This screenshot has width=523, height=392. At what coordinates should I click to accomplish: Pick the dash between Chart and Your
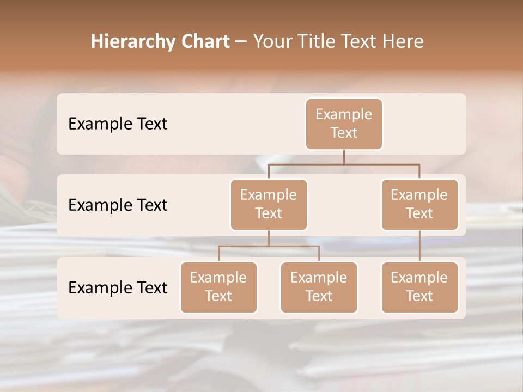click(x=241, y=42)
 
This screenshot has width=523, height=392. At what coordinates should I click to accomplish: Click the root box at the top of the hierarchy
click(x=344, y=124)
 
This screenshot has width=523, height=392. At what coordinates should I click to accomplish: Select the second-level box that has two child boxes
click(x=269, y=204)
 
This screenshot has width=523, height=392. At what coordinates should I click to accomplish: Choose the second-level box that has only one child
click(x=419, y=204)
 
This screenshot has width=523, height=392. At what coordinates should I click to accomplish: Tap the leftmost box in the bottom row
click(x=218, y=287)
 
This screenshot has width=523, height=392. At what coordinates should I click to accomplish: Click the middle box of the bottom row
click(x=319, y=287)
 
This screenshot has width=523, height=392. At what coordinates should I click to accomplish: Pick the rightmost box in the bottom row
click(x=419, y=287)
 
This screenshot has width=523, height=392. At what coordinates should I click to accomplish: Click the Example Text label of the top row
click(x=118, y=124)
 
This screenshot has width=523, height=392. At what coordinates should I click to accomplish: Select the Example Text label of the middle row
click(x=118, y=205)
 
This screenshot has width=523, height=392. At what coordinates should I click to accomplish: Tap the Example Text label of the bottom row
click(x=118, y=287)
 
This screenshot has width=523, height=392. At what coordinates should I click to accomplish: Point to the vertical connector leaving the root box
click(x=344, y=157)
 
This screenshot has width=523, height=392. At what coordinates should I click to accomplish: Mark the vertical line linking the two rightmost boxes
click(x=419, y=246)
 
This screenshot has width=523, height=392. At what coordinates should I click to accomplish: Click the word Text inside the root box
click(x=344, y=133)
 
